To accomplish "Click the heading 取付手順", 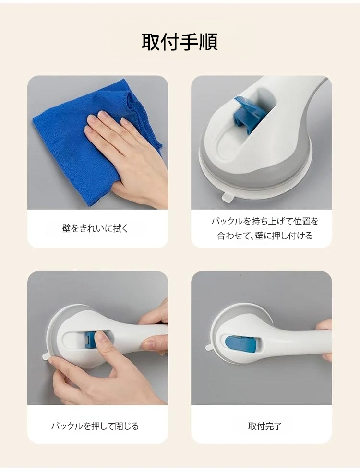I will pos(180,42).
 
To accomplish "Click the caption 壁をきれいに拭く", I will pos(95,229).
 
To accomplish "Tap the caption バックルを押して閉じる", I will pos(95,425).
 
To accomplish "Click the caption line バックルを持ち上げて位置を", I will pos(264,222).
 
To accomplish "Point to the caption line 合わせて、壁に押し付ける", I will pos(264,236).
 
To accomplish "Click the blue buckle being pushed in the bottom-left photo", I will pos(91,340).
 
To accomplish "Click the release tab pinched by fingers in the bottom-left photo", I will pos(46,356).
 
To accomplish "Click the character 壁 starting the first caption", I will pos(66,229).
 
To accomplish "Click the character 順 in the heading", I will pos(208,42).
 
